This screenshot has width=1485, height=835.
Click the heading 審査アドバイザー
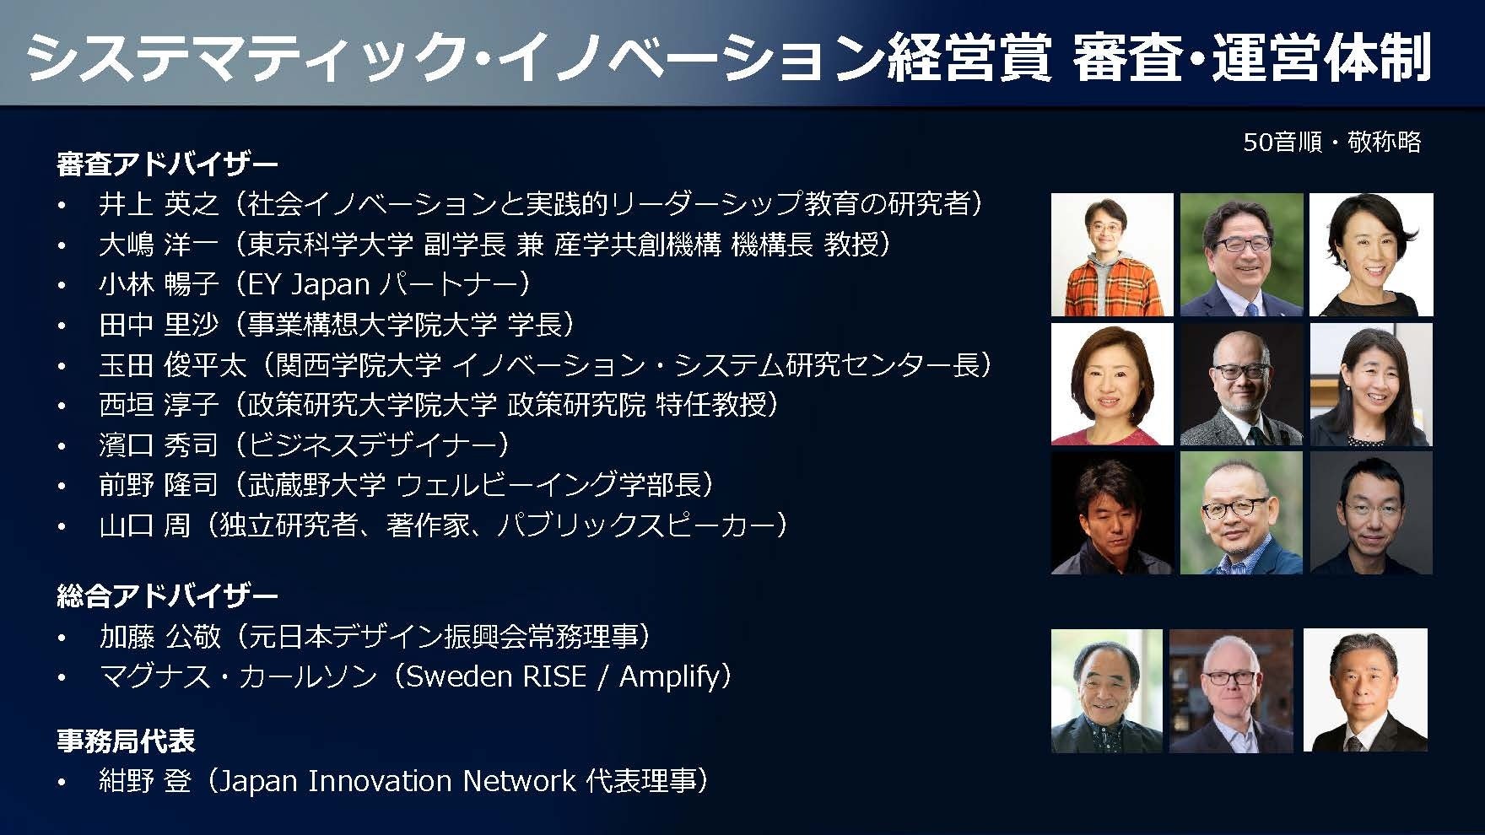click(167, 164)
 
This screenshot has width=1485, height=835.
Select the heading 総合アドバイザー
click(167, 596)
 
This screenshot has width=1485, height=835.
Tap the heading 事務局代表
click(126, 741)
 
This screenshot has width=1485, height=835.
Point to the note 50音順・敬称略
click(1332, 142)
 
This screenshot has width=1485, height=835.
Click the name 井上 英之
click(159, 204)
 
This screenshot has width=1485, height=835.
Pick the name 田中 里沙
click(159, 325)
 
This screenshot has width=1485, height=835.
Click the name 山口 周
click(144, 525)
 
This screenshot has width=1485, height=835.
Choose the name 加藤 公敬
click(159, 636)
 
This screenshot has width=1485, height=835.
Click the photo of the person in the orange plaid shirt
click(1112, 255)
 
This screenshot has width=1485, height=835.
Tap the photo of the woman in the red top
click(1112, 385)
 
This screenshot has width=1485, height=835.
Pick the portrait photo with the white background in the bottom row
click(1365, 690)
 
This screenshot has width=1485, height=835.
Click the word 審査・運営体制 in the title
click(1251, 57)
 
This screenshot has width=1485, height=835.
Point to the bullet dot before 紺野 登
click(62, 783)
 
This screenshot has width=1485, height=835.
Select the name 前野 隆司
click(159, 485)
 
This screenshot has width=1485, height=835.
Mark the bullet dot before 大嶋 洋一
click(62, 246)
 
